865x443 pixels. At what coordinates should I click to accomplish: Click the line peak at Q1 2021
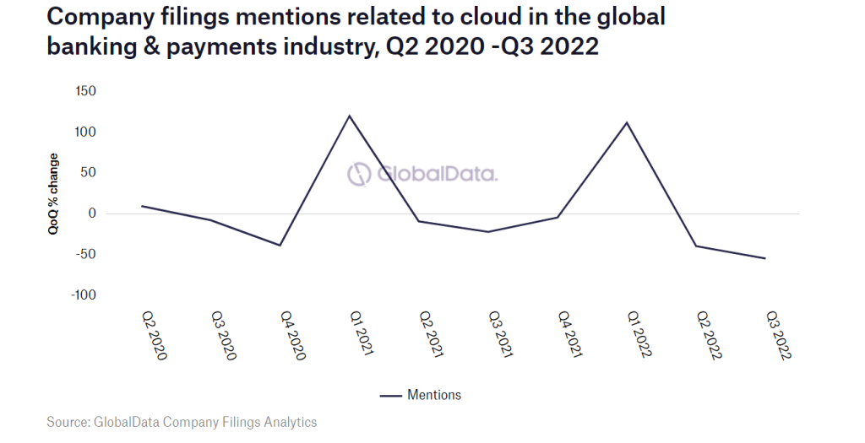coord(349,116)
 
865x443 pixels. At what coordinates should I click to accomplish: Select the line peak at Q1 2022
coord(627,122)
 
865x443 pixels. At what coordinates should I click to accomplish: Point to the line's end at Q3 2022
coord(765,258)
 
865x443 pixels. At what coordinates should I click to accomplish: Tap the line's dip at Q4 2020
coord(280,246)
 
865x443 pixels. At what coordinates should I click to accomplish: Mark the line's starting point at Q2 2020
coord(141,206)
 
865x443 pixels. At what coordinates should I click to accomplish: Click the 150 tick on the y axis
coord(87,91)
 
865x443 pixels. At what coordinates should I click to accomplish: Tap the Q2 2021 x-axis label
coord(431,335)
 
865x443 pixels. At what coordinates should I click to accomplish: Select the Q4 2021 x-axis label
coord(569,335)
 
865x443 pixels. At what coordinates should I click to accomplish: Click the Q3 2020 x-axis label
coord(223,335)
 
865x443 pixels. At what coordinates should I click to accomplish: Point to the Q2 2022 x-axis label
coord(708,335)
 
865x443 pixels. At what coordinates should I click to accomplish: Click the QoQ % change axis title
coord(53,193)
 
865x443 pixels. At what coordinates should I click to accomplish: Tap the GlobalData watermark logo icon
coord(361,174)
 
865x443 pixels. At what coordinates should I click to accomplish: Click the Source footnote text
coord(182,421)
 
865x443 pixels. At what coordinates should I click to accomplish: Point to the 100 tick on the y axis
coord(87,132)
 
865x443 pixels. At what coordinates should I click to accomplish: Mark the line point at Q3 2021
coord(488,231)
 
